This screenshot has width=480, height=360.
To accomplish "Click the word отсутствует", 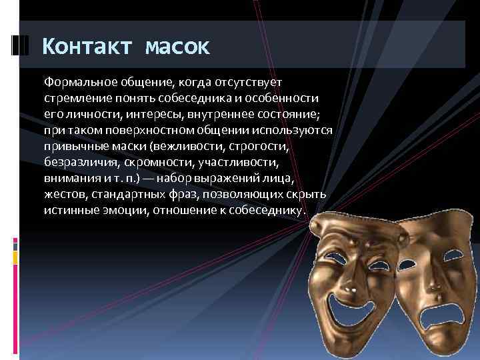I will [249, 82].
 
